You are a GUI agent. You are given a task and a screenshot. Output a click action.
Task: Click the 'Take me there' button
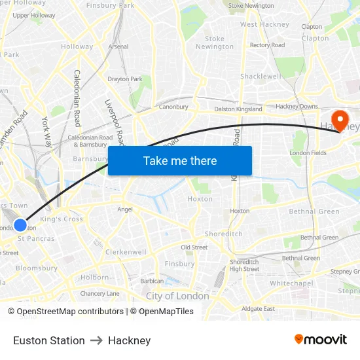180,160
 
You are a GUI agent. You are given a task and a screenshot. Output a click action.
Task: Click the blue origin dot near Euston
20,225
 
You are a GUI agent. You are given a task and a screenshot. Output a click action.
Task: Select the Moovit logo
321,340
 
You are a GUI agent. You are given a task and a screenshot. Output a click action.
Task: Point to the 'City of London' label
177,296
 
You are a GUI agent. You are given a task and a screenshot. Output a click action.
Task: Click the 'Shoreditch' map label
223,234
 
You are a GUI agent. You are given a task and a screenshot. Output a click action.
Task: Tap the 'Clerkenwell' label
126,252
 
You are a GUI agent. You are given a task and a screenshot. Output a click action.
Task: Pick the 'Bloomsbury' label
37,268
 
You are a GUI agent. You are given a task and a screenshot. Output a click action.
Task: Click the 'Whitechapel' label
291,283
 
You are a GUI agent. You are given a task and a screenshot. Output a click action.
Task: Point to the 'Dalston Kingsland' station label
239,109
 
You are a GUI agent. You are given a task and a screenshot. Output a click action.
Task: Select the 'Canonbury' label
173,107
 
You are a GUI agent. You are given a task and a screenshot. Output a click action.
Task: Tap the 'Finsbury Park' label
110,5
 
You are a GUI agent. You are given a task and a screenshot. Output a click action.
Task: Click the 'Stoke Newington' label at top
251,6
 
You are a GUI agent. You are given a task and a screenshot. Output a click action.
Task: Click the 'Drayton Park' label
124,79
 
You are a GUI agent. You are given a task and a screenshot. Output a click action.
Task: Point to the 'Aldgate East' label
258,308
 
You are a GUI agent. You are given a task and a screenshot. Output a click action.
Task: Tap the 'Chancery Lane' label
99,293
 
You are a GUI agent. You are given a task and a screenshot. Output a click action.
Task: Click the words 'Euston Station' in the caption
49,340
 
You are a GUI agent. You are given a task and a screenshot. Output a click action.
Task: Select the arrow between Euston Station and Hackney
96,340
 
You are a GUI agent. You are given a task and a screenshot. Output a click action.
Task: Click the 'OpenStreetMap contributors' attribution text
70,312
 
